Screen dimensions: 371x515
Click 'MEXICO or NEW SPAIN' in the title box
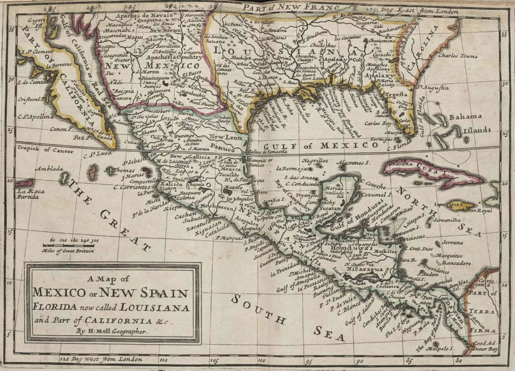110,292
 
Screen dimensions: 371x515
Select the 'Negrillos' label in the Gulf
316,162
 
